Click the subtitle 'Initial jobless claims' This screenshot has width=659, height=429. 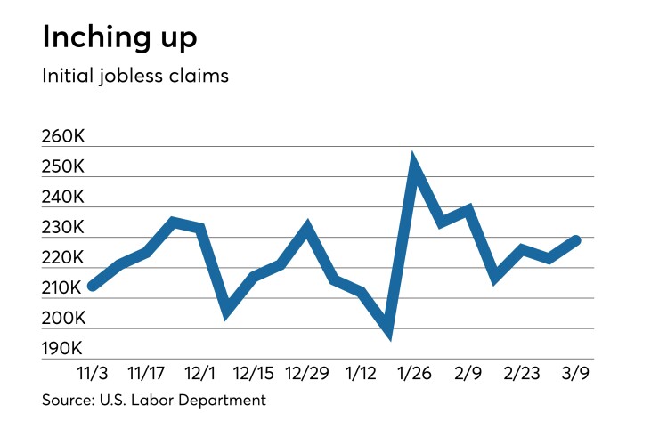pyautogui.click(x=135, y=76)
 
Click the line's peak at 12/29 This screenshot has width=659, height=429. pyautogui.click(x=307, y=228)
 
